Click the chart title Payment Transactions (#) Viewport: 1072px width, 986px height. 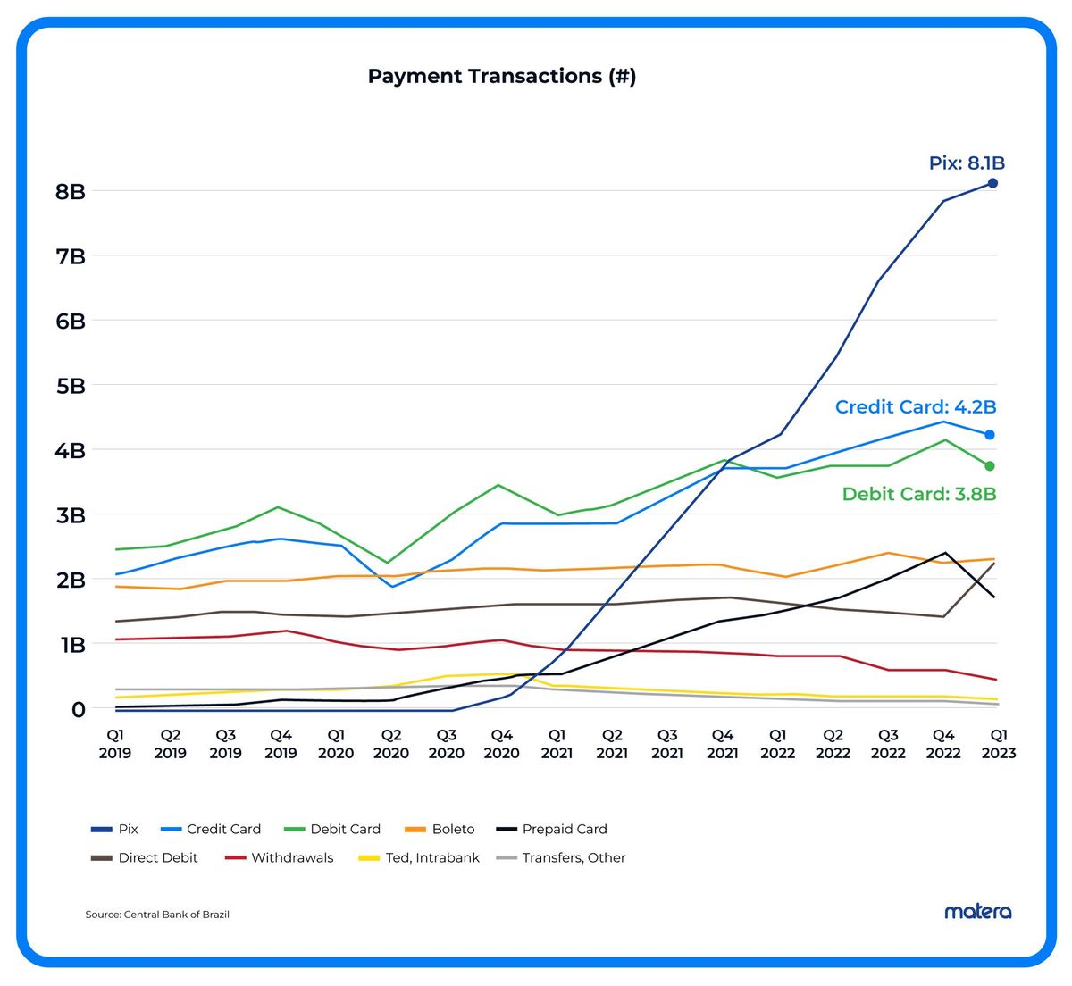(x=501, y=77)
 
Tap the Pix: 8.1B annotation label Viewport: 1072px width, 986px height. (x=967, y=163)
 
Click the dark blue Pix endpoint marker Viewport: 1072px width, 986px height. (x=992, y=183)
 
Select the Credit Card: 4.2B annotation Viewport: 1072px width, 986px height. (x=915, y=407)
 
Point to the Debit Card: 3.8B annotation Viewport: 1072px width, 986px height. (x=918, y=494)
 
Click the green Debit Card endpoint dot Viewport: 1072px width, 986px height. (x=990, y=466)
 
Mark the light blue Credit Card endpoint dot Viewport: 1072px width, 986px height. (x=990, y=435)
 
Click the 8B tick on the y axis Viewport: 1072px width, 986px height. (x=70, y=192)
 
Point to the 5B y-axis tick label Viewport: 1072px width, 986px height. (x=70, y=386)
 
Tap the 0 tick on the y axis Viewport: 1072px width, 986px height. (x=79, y=709)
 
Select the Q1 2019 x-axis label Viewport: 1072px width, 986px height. (x=115, y=744)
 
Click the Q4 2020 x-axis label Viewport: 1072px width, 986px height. (x=501, y=744)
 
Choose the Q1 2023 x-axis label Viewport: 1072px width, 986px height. (x=999, y=744)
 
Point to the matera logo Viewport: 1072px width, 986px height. (x=978, y=912)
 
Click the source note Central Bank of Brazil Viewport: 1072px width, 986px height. (x=157, y=915)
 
